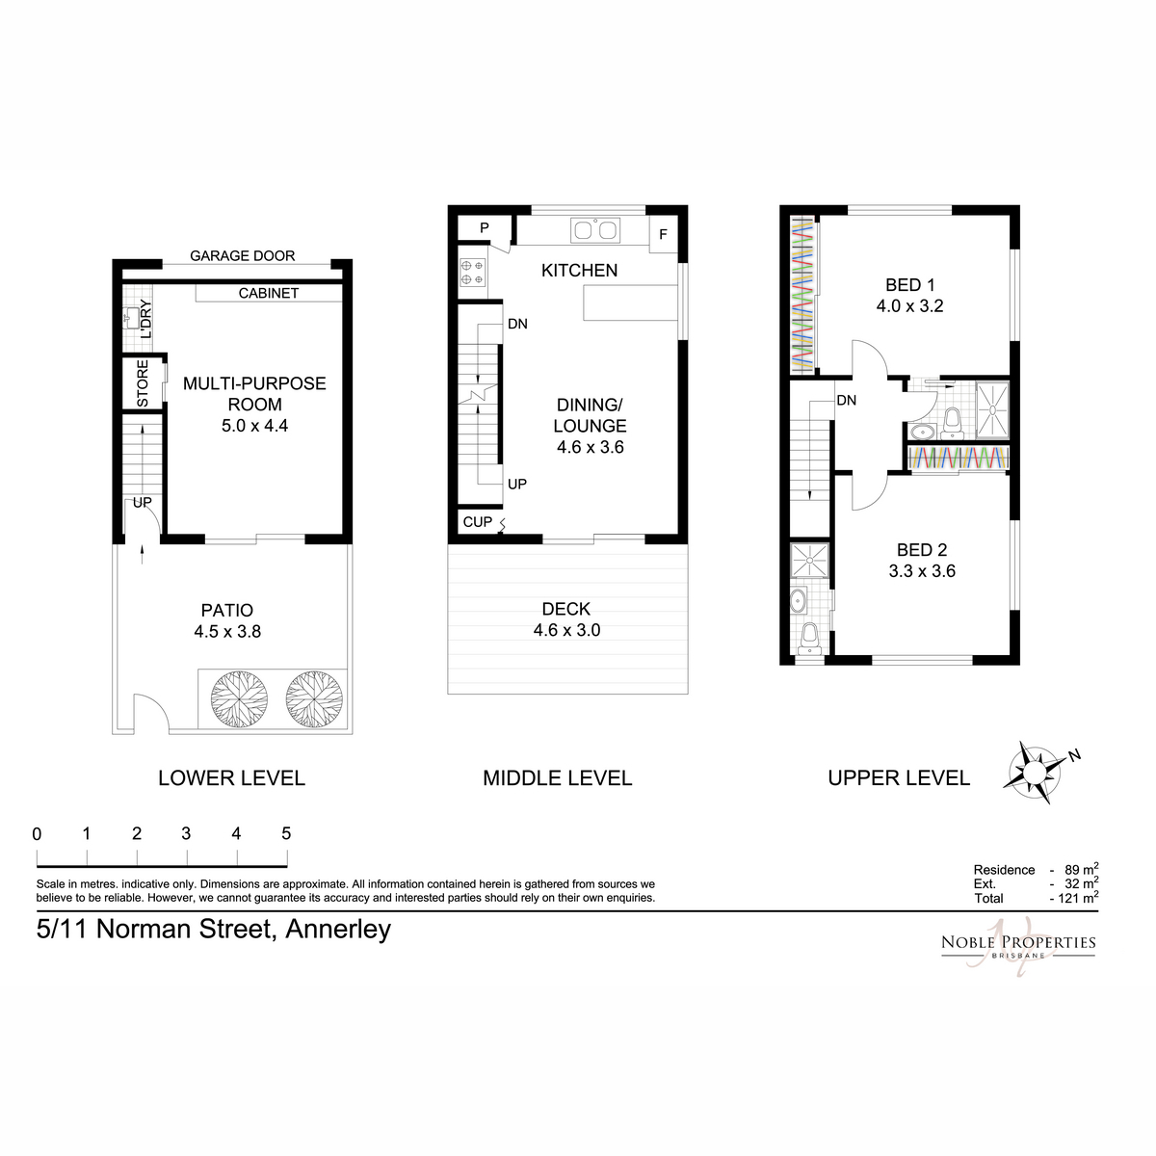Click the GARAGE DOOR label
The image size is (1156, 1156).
pyautogui.click(x=243, y=256)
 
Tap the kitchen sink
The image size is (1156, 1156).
pyautogui.click(x=595, y=230)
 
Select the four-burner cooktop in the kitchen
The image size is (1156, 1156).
pyautogui.click(x=473, y=272)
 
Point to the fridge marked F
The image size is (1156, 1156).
pyautogui.click(x=663, y=234)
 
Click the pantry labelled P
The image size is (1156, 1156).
pyautogui.click(x=485, y=228)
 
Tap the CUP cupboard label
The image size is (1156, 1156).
pyautogui.click(x=478, y=522)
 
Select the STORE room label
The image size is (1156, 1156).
pyautogui.click(x=143, y=383)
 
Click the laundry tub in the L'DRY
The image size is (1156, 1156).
pyautogui.click(x=131, y=318)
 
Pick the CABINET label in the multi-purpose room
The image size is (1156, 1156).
pyautogui.click(x=268, y=294)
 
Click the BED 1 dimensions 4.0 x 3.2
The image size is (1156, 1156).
pyautogui.click(x=910, y=306)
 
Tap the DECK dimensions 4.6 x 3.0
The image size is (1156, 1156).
pyautogui.click(x=566, y=630)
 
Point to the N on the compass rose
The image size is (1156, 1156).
pyautogui.click(x=1074, y=755)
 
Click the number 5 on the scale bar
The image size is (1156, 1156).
pyautogui.click(x=286, y=833)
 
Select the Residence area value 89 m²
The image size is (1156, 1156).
pyautogui.click(x=1082, y=869)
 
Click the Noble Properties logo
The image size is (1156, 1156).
pyautogui.click(x=1018, y=945)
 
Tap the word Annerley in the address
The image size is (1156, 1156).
pyautogui.click(x=338, y=930)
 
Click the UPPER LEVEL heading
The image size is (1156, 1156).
pyautogui.click(x=899, y=778)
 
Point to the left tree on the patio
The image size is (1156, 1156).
pyautogui.click(x=239, y=699)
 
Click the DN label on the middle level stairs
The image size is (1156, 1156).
pyautogui.click(x=517, y=324)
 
